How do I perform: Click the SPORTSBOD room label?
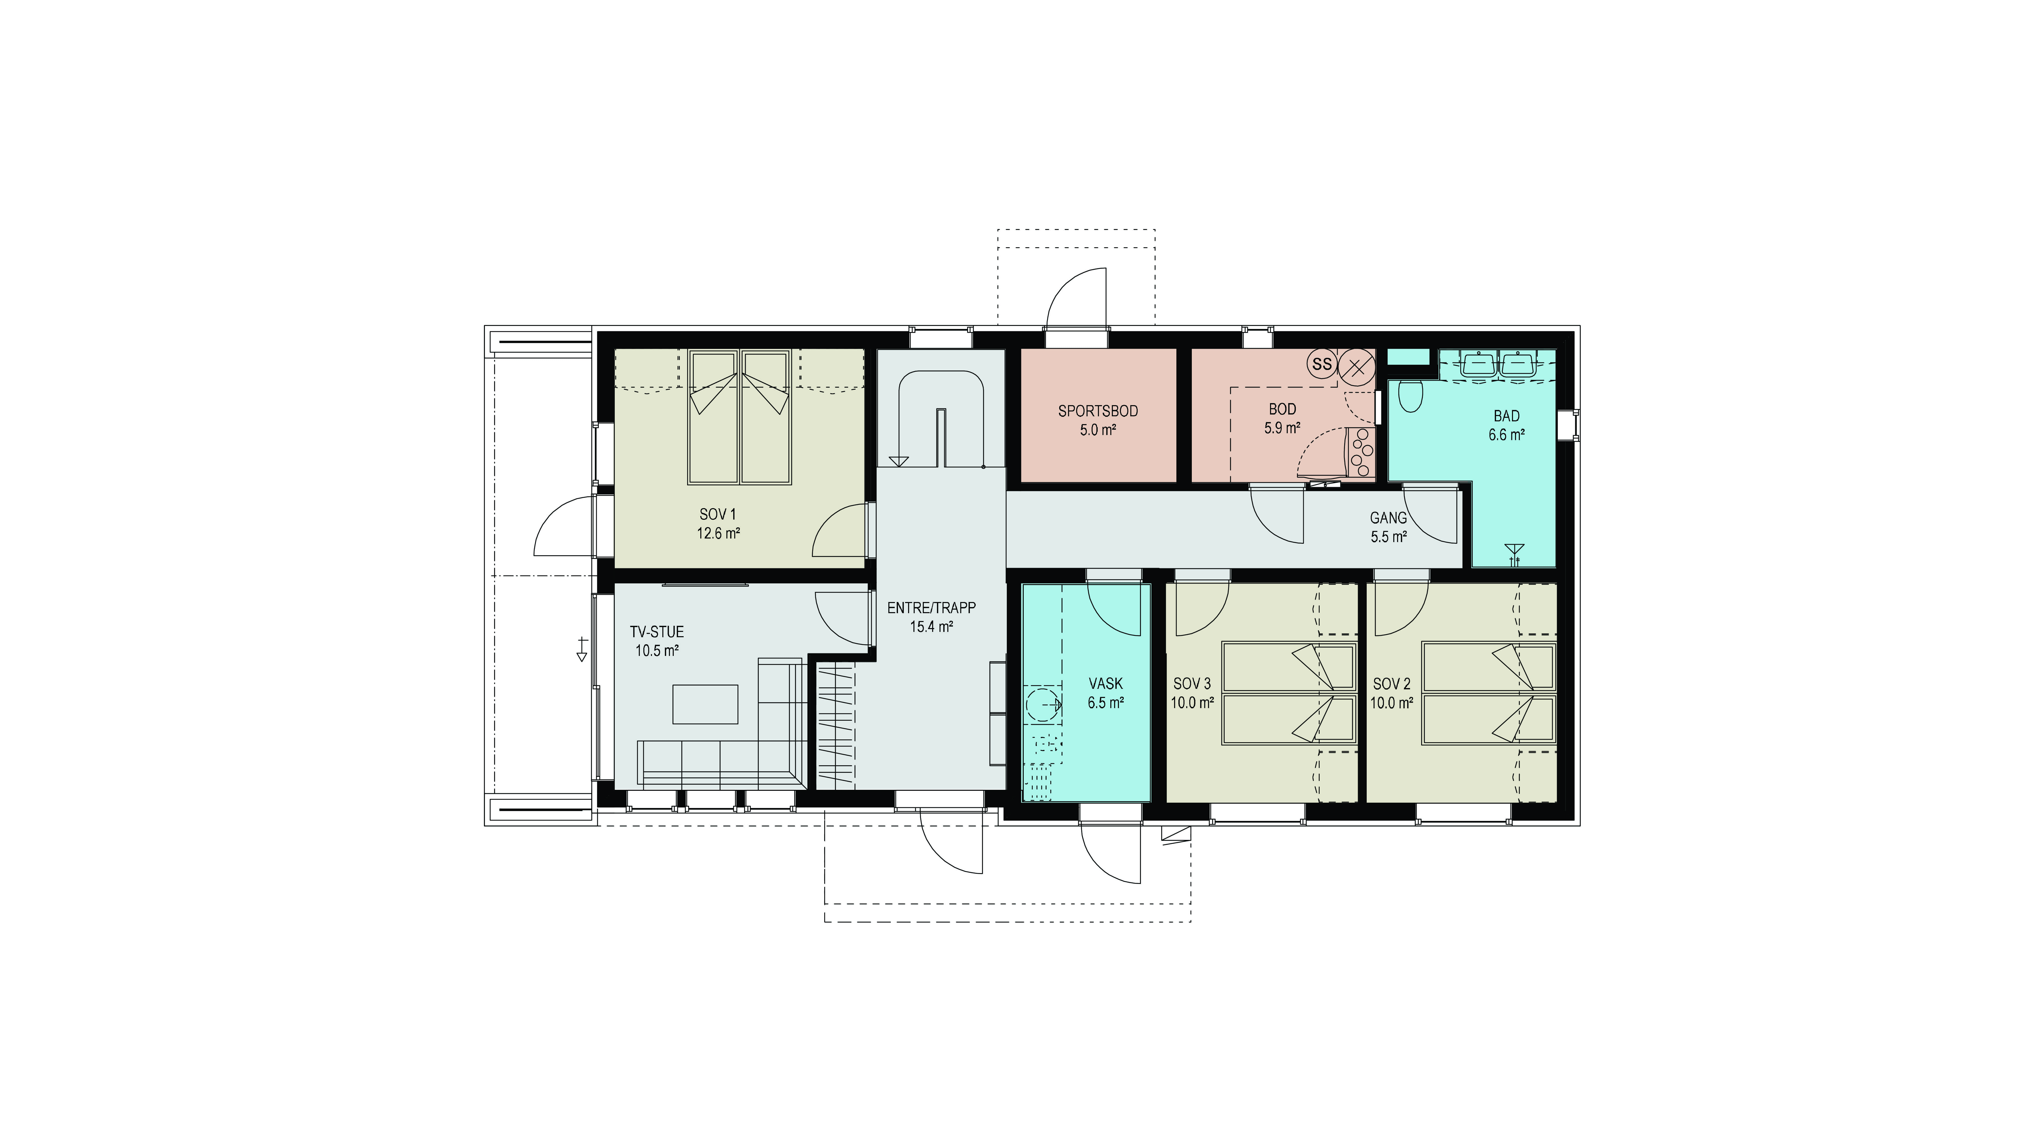coord(1097,411)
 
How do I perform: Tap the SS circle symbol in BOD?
coord(1322,364)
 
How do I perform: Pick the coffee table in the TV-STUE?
coord(705,703)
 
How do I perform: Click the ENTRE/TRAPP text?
coord(932,608)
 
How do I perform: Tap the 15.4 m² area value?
coord(932,627)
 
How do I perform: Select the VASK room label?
coord(1105,684)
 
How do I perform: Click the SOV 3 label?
coord(1192,684)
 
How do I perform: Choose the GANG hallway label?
coord(1388,518)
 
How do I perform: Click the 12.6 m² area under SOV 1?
coord(718,533)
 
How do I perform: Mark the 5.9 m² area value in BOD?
coord(1282,428)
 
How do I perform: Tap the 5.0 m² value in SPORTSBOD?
coord(1097,430)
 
